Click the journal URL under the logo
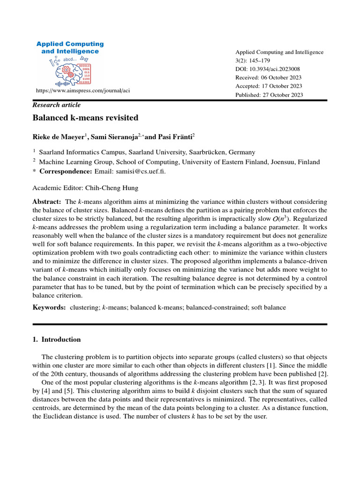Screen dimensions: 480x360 pos(83,90)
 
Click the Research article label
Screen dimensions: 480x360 pos(56,105)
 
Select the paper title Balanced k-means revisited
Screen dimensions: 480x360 pos(85,118)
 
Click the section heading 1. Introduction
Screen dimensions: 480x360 pos(56,339)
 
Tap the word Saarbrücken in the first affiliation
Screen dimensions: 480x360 pos(210,152)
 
